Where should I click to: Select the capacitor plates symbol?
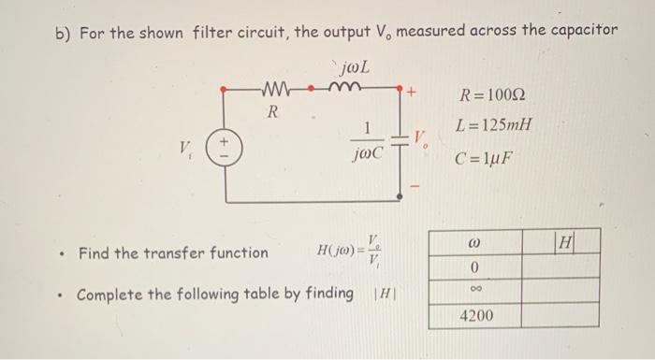399,140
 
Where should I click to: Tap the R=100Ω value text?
493,96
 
